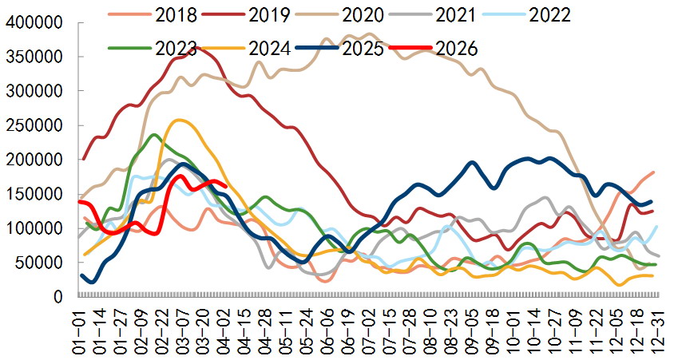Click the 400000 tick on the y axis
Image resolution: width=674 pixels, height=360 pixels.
click(36, 23)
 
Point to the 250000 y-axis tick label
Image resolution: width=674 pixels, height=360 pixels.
click(36, 126)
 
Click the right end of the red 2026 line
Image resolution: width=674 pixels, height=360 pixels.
click(228, 188)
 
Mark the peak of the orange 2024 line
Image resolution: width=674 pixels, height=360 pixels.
click(180, 121)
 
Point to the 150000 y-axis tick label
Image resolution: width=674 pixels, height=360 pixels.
click(36, 194)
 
